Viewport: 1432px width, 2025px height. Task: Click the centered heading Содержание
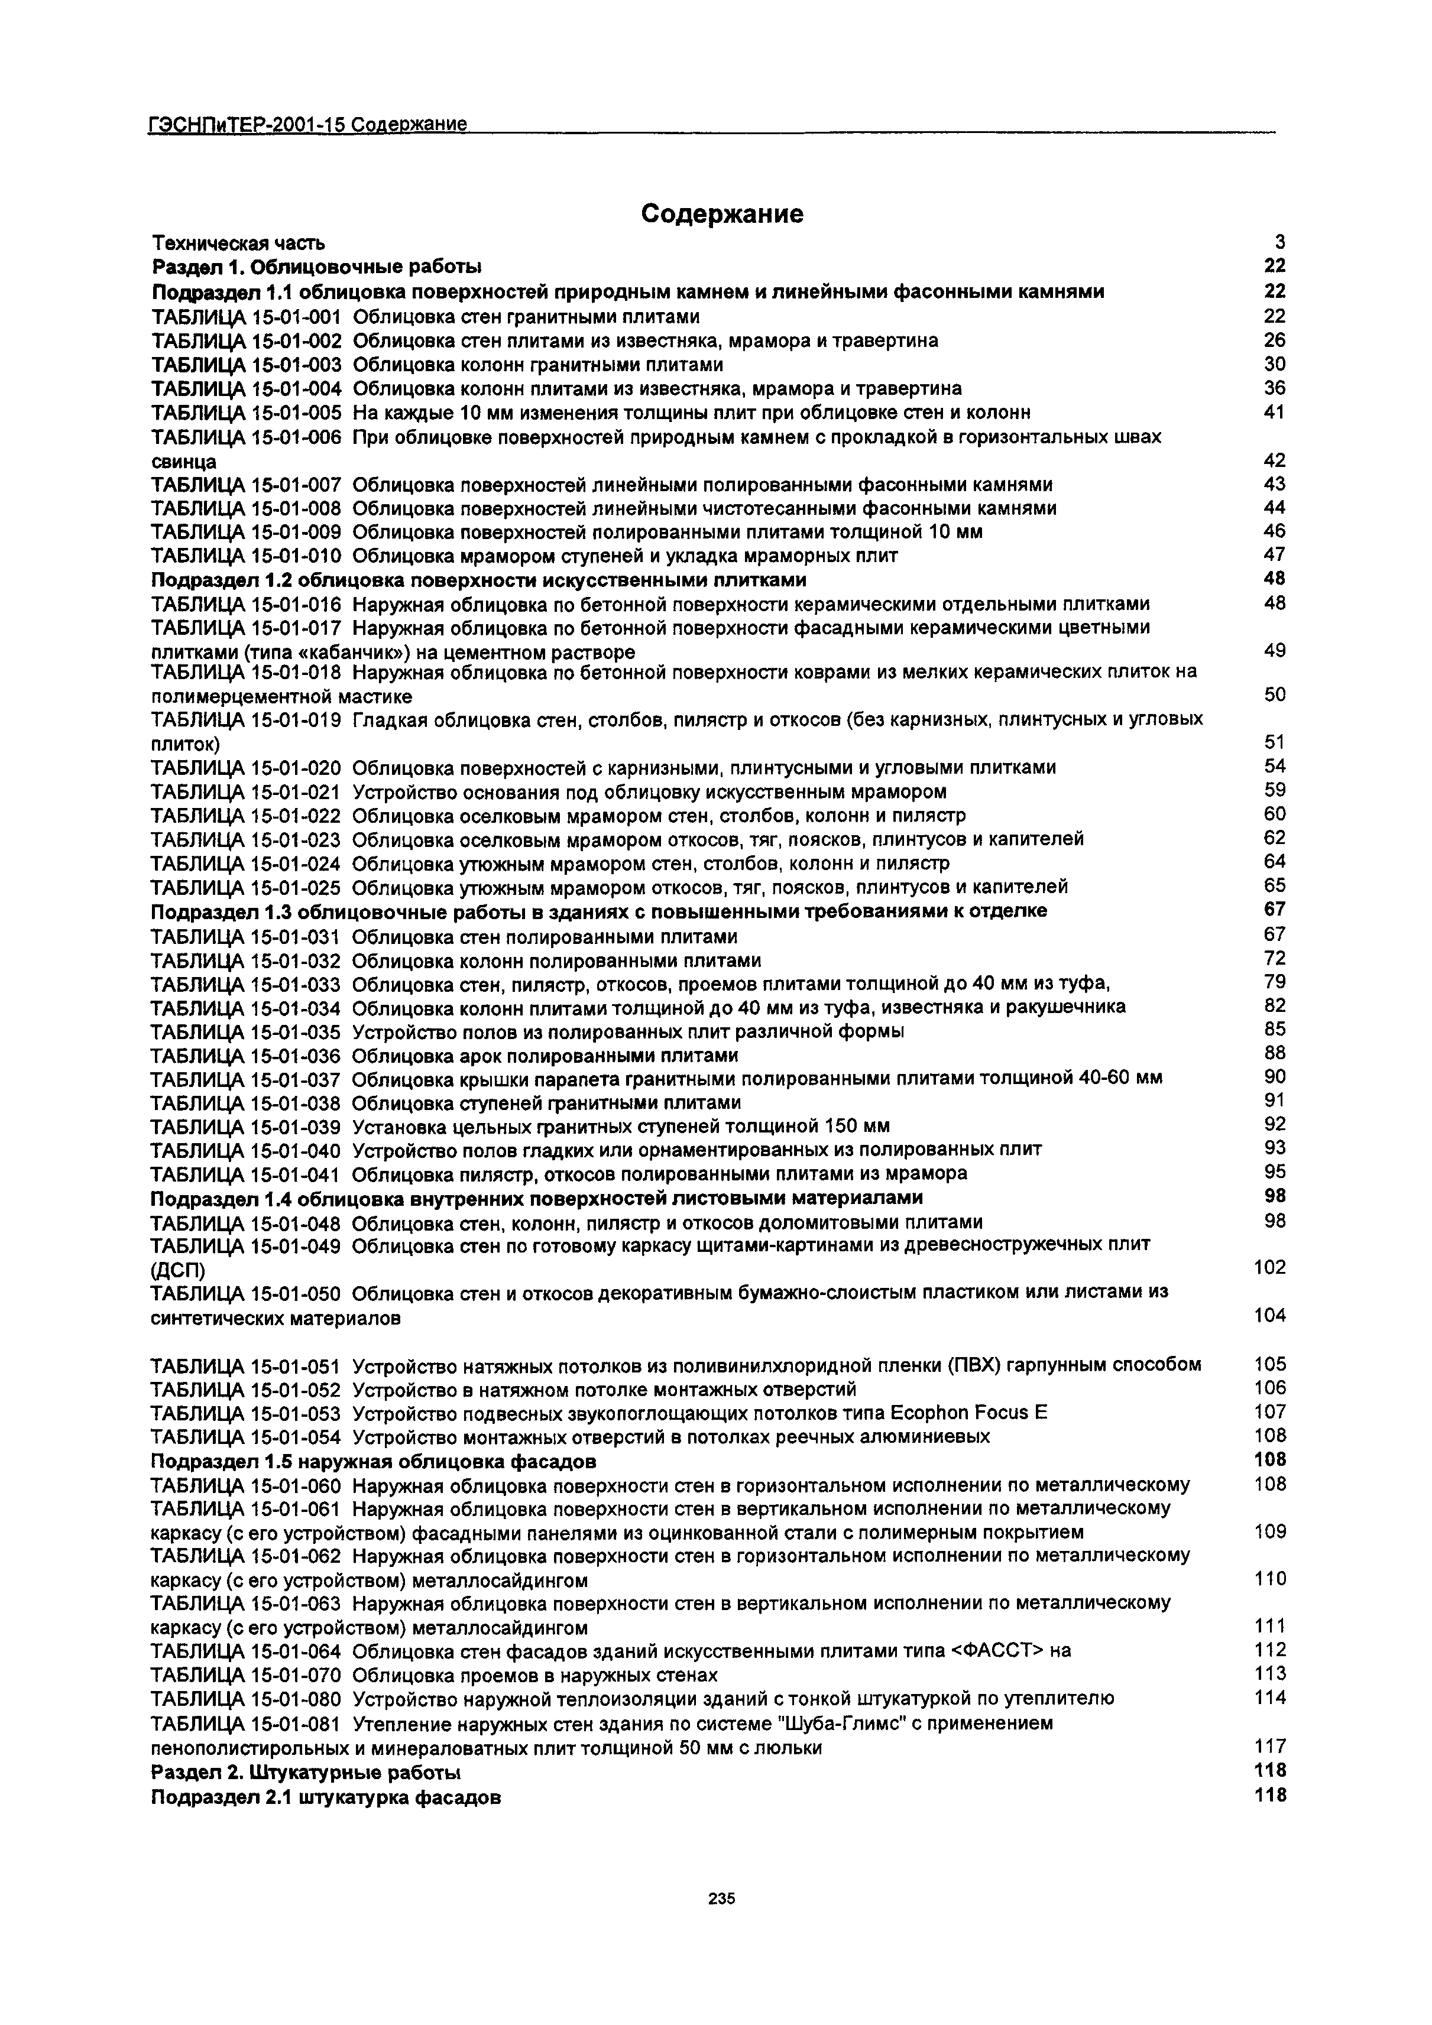pos(722,213)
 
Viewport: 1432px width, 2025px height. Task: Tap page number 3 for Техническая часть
pos(1280,242)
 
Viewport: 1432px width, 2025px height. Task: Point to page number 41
pos(1274,412)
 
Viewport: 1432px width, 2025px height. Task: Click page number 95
pos(1274,1172)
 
